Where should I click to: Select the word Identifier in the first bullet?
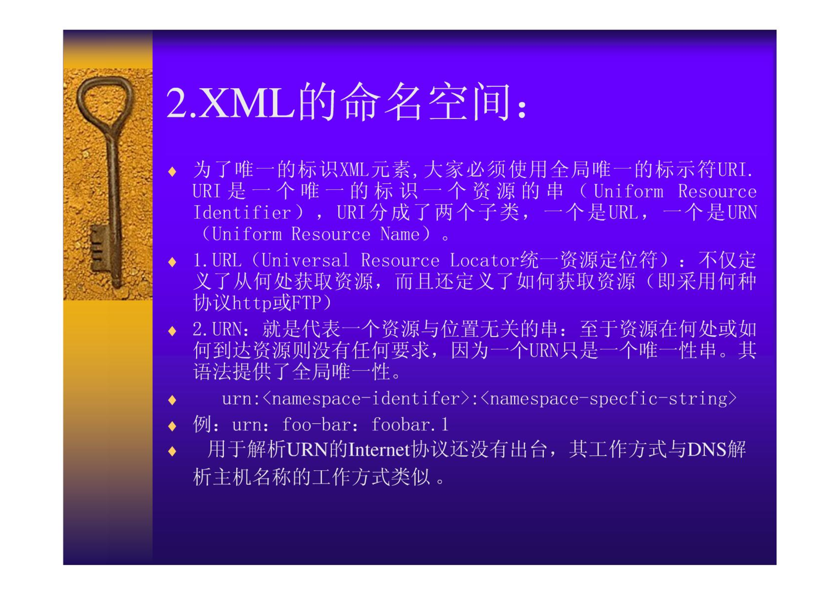point(242,213)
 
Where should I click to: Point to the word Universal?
point(305,261)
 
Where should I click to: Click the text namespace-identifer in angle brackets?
point(366,399)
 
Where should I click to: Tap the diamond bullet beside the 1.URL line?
point(172,262)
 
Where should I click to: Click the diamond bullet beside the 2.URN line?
point(172,331)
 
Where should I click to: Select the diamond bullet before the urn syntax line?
point(172,400)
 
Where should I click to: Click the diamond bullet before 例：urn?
point(172,426)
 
